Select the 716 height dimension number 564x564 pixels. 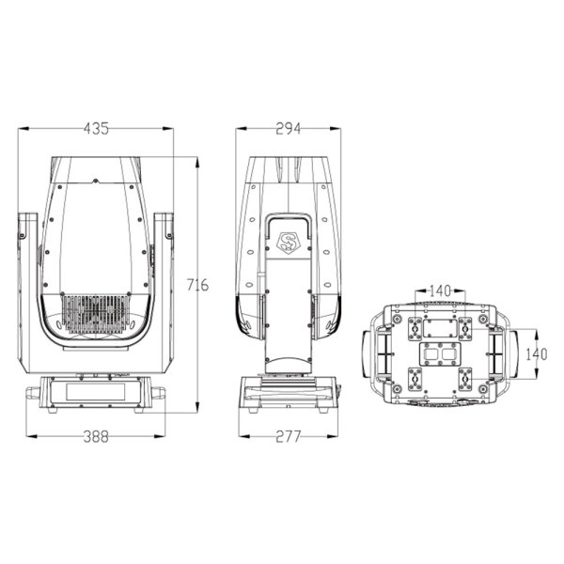(x=196, y=284)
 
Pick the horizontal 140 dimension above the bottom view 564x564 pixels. (x=440, y=290)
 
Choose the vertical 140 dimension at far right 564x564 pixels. (x=535, y=352)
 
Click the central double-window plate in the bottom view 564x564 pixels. (x=438, y=355)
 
